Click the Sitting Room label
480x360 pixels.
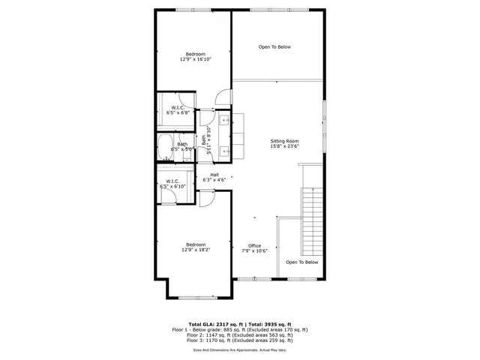285,141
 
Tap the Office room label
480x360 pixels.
255,246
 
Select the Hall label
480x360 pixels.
214,175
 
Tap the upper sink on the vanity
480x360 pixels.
224,121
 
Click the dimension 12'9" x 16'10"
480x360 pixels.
195,59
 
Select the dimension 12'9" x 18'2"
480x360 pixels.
195,250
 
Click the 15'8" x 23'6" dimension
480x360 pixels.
285,147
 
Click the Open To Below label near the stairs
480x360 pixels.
302,262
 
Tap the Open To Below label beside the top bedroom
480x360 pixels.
274,47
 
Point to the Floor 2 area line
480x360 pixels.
240,337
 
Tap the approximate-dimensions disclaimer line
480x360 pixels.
240,349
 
